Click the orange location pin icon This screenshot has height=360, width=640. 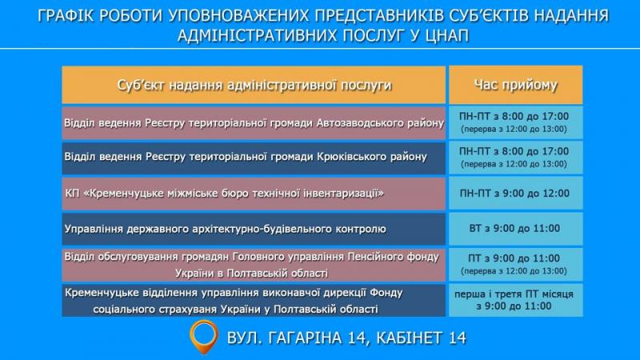(204, 336)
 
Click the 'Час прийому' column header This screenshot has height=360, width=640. (515, 85)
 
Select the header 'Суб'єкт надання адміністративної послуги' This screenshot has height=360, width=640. (254, 85)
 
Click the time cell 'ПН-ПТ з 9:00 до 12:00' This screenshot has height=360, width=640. (515, 193)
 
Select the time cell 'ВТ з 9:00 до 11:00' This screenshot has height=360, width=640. (515, 229)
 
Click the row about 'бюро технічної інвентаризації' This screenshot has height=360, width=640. (254, 193)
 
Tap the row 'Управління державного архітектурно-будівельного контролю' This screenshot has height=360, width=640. (254, 229)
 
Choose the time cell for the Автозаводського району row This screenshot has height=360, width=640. (515, 122)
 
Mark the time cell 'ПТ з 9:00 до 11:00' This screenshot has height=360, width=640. (515, 264)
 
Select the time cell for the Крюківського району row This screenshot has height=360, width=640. (515, 158)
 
